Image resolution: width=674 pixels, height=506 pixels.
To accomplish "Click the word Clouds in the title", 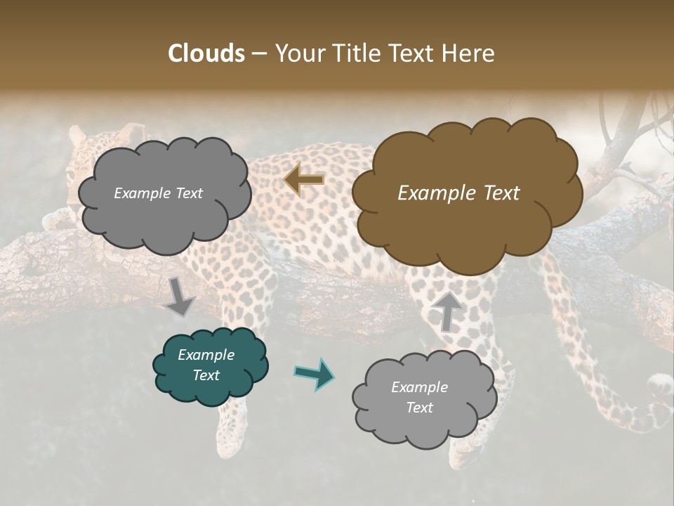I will point(206,53).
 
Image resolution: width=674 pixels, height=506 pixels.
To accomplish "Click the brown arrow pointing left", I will point(304,180).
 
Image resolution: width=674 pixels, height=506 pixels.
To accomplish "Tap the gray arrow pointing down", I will point(180,296).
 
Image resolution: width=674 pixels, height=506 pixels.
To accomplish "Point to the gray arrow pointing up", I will point(447,311).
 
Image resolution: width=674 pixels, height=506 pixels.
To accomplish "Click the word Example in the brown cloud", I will point(437,193).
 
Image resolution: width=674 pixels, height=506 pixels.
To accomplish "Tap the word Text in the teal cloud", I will point(206,375).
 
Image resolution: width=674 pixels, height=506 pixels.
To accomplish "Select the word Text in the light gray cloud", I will point(420,408).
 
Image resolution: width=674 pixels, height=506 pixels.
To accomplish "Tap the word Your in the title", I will point(296,53).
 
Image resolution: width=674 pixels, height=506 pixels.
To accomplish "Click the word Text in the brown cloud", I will point(501,193).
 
